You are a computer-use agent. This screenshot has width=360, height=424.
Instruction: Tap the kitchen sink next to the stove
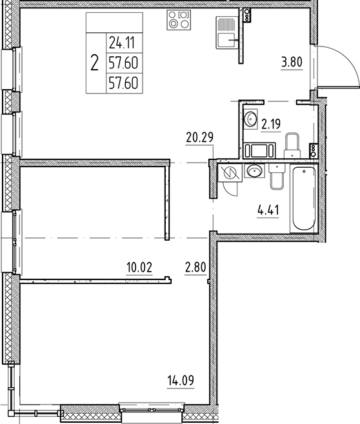226,33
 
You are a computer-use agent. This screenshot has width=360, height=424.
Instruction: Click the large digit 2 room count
95,63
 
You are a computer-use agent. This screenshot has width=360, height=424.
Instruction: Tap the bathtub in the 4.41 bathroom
303,199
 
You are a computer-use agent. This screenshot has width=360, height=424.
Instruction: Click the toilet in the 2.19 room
292,145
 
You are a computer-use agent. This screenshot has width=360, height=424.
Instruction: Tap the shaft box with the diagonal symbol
227,172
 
